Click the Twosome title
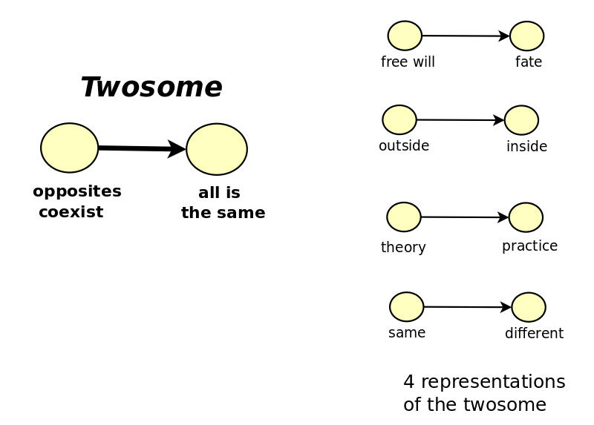point(151,87)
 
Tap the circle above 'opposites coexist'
point(69,148)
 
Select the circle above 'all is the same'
point(217,149)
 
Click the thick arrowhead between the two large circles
point(176,149)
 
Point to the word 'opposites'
point(77,191)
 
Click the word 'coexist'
point(71,212)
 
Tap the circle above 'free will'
point(405,36)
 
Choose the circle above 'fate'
point(527,36)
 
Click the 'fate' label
point(529,62)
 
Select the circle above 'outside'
point(399,119)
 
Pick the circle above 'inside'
point(522,120)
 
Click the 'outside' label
point(404,145)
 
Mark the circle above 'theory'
point(404,217)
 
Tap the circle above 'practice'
point(526,217)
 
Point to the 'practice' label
point(529,246)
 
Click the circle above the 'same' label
point(406,307)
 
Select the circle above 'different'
point(529,307)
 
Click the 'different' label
point(534,333)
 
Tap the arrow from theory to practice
point(465,217)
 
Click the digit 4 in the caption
point(409,382)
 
